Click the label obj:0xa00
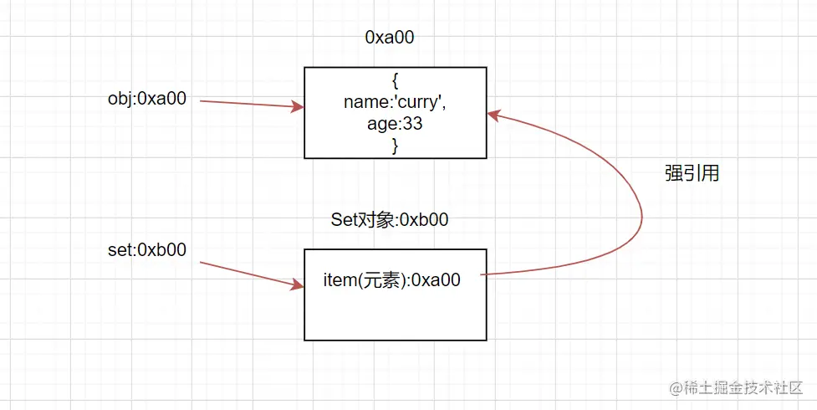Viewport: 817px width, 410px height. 146,99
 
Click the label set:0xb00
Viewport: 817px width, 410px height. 146,249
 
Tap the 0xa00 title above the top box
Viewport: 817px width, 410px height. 390,38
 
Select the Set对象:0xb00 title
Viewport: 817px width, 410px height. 390,220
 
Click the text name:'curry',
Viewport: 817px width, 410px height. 395,102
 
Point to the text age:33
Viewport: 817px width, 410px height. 395,124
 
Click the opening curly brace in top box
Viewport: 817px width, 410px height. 395,81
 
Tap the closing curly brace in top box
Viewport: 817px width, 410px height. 395,145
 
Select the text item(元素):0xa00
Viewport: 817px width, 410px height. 391,280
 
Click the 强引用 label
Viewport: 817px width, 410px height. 692,174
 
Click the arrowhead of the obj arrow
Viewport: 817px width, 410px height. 296,107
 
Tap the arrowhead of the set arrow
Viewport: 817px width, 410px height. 296,285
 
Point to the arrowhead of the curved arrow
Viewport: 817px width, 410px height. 493,115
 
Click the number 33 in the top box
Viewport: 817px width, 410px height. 412,124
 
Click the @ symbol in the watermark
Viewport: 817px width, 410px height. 677,388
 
